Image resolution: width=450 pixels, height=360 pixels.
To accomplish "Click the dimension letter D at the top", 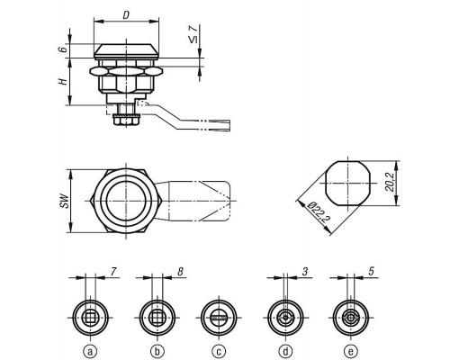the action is (x=126, y=15).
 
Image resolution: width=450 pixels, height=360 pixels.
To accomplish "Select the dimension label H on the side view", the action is (x=63, y=81).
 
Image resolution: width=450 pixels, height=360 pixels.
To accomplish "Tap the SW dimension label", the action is (x=64, y=201).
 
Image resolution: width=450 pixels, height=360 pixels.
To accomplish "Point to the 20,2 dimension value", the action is (x=390, y=184).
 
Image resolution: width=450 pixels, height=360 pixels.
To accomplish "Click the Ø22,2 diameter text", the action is (x=319, y=211).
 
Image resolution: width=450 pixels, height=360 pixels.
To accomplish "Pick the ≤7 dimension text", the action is (x=194, y=34).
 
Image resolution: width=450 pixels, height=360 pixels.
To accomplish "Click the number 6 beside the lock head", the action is (x=63, y=49).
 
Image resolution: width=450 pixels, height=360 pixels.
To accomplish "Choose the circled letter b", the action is (x=157, y=351).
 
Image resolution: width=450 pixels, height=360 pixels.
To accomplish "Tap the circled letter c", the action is (x=219, y=351).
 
